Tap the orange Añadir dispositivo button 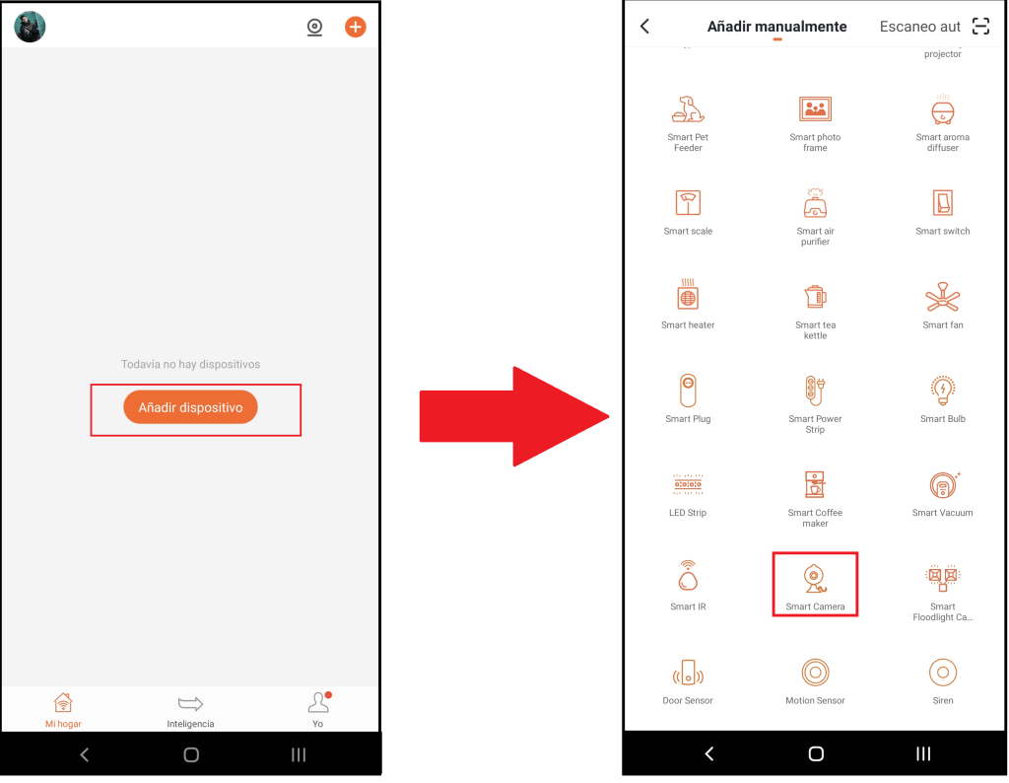[x=190, y=407]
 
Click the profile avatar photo [x=30, y=27]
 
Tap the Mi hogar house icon [x=63, y=702]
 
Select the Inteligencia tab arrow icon [x=190, y=703]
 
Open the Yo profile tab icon [x=318, y=702]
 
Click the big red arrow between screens [x=513, y=416]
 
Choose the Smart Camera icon [x=815, y=578]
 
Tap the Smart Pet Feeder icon [x=688, y=109]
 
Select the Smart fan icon [x=943, y=298]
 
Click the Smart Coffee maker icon [x=815, y=485]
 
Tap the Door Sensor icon [x=688, y=673]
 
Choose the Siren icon [x=943, y=673]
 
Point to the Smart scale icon [x=688, y=203]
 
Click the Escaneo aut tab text [x=919, y=27]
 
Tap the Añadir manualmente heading [x=776, y=27]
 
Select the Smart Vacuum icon [x=943, y=485]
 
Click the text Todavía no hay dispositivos [x=190, y=364]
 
